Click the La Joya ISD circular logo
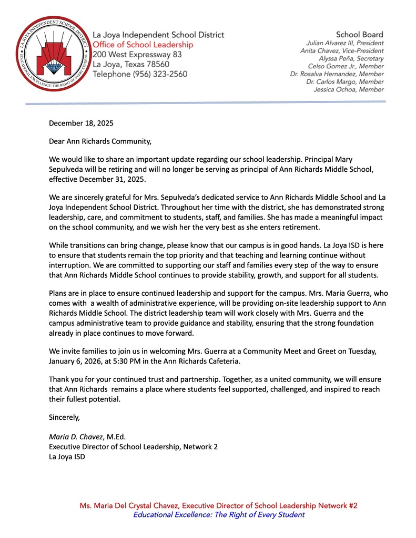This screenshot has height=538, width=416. (51, 53)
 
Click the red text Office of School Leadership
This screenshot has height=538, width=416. (143, 45)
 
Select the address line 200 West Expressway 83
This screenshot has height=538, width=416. (137, 55)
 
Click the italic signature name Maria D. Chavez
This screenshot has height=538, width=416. (77, 436)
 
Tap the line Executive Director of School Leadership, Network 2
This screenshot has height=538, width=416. (133, 447)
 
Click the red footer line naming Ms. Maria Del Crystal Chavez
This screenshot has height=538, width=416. (218, 505)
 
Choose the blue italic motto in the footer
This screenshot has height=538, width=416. (218, 515)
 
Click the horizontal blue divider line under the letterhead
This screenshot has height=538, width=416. (205, 102)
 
